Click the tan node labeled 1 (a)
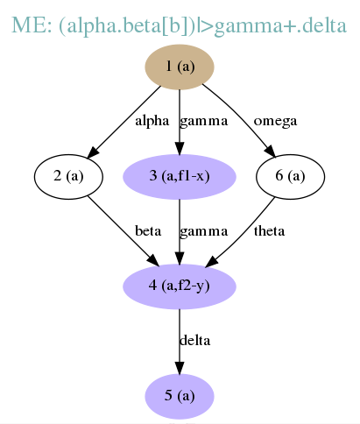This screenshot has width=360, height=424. click(180, 67)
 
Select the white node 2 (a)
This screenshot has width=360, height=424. click(68, 177)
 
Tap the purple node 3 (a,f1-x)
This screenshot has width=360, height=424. click(180, 177)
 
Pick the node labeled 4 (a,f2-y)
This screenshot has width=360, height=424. click(180, 286)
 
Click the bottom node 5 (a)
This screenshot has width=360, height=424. click(180, 396)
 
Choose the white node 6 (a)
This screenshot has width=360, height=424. click(290, 177)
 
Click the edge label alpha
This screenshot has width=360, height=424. click(152, 121)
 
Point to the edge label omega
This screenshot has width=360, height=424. click(275, 122)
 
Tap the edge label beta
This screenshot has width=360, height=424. click(148, 231)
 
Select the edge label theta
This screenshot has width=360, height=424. click(269, 231)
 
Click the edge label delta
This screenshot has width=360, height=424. click(194, 341)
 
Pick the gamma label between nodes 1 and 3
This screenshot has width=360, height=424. click(203, 122)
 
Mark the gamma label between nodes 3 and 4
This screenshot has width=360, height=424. click(203, 231)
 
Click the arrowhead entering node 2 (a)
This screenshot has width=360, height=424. click(94, 152)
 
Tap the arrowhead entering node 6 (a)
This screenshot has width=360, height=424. click(270, 152)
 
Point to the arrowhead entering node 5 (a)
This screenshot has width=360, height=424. click(180, 368)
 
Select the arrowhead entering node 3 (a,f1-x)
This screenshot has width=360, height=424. click(180, 148)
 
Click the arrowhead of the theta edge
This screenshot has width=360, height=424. click(212, 262)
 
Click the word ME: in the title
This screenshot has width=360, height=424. click(32, 25)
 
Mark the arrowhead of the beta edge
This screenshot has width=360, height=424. click(153, 260)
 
